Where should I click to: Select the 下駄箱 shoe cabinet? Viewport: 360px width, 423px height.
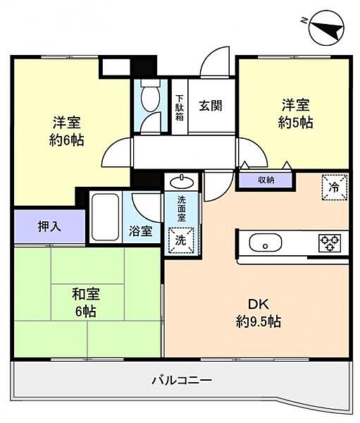(180, 107)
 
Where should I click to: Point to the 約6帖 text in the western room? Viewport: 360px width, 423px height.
(68, 140)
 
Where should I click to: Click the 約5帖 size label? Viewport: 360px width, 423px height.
(297, 122)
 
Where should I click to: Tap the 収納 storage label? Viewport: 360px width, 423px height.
(266, 180)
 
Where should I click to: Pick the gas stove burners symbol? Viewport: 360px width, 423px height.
(328, 243)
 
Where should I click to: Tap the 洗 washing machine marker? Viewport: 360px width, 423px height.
(180, 240)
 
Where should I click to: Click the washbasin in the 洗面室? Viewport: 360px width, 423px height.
(180, 180)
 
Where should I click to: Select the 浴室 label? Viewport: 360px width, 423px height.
(139, 231)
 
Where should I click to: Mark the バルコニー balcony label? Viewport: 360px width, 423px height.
(181, 381)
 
